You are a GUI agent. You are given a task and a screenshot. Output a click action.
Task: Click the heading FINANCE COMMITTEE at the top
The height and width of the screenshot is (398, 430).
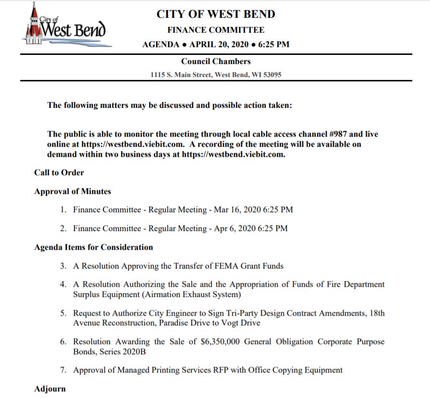pyautogui.click(x=216, y=30)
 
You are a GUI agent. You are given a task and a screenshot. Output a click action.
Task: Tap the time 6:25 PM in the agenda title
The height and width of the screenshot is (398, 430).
pyautogui.click(x=274, y=45)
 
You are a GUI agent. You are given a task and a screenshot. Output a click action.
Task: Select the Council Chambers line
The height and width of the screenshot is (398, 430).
pyautogui.click(x=216, y=61)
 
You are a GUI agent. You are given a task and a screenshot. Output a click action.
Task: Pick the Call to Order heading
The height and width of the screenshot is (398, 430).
pyautogui.click(x=59, y=172)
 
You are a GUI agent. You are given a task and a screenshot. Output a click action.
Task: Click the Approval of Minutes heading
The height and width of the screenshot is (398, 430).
pyautogui.click(x=73, y=191)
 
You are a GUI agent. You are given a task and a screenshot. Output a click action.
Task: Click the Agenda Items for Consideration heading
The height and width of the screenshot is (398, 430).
pyautogui.click(x=94, y=247)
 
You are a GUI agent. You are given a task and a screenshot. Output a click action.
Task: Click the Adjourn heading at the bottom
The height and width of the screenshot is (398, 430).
pyautogui.click(x=50, y=389)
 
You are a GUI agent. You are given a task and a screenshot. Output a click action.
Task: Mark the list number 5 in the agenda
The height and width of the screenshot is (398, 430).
pyautogui.click(x=63, y=313)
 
